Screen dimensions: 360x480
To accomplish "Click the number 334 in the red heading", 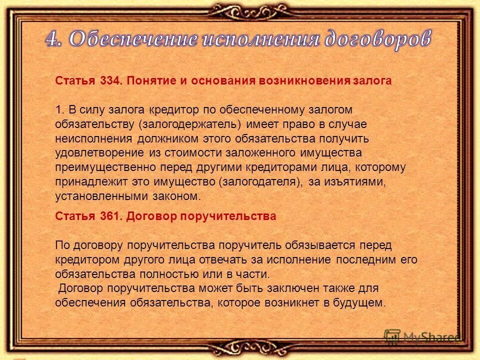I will (x=109, y=81).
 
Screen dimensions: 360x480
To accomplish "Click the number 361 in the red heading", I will (x=109, y=216).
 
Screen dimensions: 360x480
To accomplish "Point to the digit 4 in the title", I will (x=53, y=39).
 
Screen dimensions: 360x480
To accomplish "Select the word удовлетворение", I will (x=100, y=152).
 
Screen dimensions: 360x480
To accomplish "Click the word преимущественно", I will (x=105, y=167).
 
